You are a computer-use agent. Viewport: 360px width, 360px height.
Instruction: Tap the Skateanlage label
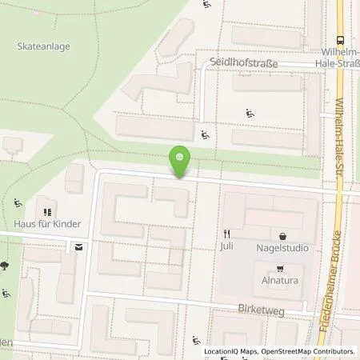pos(43,46)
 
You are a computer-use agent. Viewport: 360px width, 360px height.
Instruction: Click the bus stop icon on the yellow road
pos(342,41)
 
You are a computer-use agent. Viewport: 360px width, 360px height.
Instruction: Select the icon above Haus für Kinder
pos(47,212)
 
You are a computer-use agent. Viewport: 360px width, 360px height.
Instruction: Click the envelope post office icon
pos(78,247)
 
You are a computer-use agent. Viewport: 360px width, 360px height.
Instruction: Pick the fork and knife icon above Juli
pos(226,235)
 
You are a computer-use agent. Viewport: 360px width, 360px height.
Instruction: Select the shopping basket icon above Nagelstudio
pos(283,236)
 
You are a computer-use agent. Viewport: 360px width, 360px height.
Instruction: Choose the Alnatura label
pos(278,281)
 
